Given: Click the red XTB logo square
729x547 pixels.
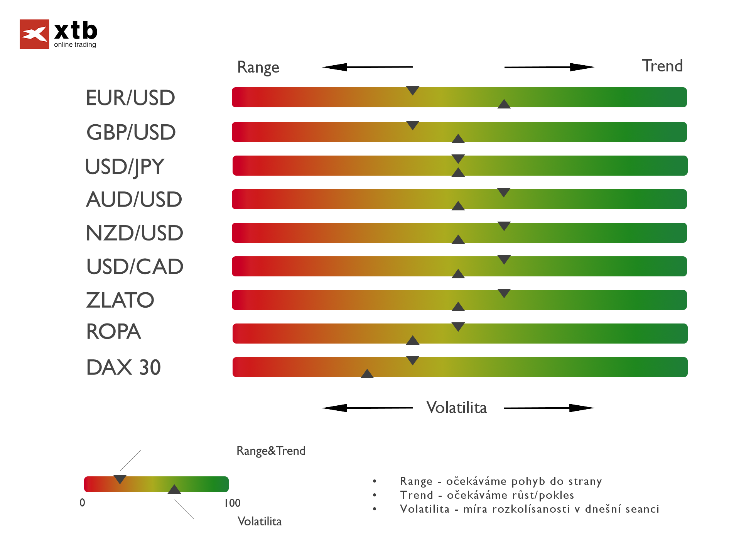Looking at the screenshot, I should pos(34,34).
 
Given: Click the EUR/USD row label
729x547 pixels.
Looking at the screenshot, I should pos(130,98).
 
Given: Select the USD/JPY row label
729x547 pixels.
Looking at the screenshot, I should pos(125,167).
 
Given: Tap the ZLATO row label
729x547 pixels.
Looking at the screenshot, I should pos(120,300).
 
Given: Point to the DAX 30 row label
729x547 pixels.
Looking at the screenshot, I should pos(123,367).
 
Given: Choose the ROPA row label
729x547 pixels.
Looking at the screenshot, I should pos(113,332).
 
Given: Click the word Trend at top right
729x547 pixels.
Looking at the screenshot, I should pos(662,66).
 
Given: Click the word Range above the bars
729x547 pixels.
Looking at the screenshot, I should pos(258,67).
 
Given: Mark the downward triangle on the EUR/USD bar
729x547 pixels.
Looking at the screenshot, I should pos(413,90).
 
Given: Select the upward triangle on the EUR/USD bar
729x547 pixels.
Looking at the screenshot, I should pos(504,104).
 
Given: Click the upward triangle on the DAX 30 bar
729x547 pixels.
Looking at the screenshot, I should pos(367,374).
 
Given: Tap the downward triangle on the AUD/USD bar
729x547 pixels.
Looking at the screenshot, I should pos(504,192).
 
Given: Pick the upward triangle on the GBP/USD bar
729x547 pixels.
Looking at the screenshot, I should pos(458,139).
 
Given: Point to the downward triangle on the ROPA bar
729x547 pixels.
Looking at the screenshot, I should pos(458,327).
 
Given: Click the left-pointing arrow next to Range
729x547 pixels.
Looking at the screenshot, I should pos(367,67).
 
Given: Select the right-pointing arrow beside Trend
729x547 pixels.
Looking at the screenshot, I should pos(549,67).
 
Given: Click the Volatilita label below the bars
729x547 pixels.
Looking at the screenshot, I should pos(456,408).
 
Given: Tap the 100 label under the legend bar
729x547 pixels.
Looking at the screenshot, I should pos(232,503).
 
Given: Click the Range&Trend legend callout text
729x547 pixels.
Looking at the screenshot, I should pos(271,451).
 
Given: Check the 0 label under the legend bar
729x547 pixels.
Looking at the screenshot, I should pos(82,503).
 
